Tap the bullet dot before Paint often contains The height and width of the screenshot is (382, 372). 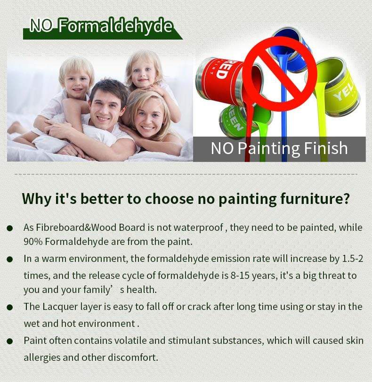pyautogui.click(x=10, y=341)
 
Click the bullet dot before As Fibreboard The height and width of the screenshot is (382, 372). pyautogui.click(x=10, y=228)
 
